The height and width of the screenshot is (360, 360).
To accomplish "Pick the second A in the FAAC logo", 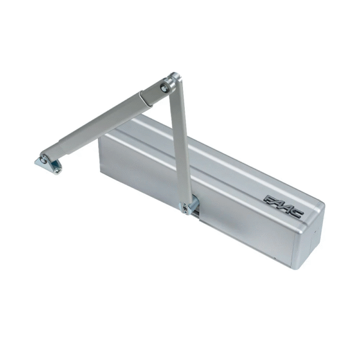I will (x=287, y=208).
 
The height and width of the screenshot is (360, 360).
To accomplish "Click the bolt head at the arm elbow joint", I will (x=164, y=88).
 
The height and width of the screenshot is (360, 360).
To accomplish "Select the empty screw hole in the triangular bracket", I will (x=56, y=170).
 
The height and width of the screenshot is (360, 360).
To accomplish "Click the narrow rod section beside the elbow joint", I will (x=149, y=95).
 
